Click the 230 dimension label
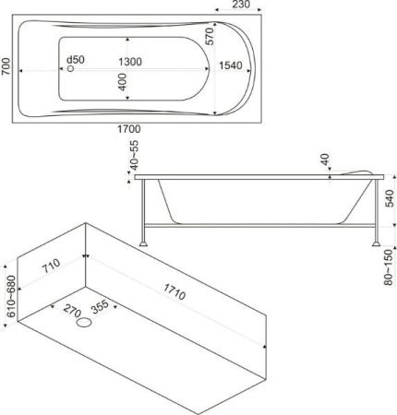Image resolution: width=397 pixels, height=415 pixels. pyautogui.click(x=241, y=5)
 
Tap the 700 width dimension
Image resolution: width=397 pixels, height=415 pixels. pyautogui.click(x=6, y=66)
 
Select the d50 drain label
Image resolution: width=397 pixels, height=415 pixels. pyautogui.click(x=76, y=59)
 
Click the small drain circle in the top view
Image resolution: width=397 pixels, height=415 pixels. pyautogui.click(x=70, y=68)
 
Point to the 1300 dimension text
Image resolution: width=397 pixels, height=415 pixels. pyautogui.click(x=130, y=62)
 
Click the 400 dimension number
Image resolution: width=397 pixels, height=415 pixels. pyautogui.click(x=122, y=82)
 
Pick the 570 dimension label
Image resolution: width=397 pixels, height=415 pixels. pyautogui.click(x=210, y=36)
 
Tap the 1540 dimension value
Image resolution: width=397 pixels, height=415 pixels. pyautogui.click(x=231, y=65)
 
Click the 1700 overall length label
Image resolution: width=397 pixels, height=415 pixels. pyautogui.click(x=129, y=129)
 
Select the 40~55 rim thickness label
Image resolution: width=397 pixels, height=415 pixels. pyautogui.click(x=135, y=155)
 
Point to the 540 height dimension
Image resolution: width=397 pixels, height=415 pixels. pyautogui.click(x=390, y=198)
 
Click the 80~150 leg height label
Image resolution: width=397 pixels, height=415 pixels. pyautogui.click(x=390, y=267)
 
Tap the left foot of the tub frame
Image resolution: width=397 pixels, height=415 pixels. pyautogui.click(x=144, y=243)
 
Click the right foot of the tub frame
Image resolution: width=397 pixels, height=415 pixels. pyautogui.click(x=376, y=243)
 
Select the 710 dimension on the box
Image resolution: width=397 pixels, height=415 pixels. pyautogui.click(x=51, y=267)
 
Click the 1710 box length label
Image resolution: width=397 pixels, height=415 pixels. pyautogui.click(x=174, y=291)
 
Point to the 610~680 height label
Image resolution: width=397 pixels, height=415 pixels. pyautogui.click(x=11, y=296)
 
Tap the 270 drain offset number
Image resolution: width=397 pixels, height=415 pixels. pyautogui.click(x=72, y=311)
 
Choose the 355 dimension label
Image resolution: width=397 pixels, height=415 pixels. pyautogui.click(x=100, y=306)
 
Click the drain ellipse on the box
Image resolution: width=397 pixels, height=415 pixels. pyautogui.click(x=84, y=323)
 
